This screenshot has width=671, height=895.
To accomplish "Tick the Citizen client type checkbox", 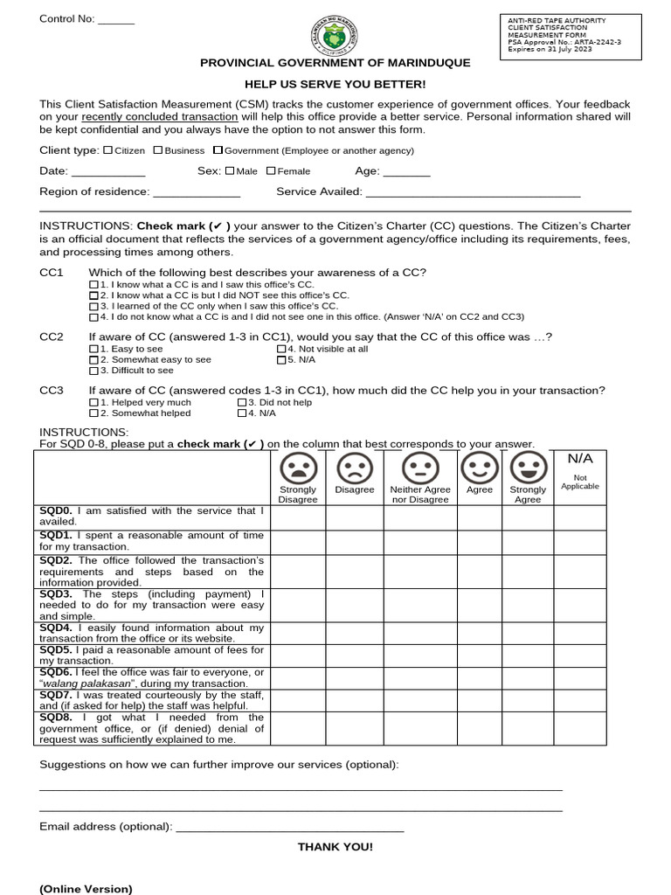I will pyautogui.click(x=107, y=150).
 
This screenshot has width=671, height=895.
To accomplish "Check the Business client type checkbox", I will pyautogui.click(x=158, y=150).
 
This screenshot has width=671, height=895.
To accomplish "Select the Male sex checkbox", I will pyautogui.click(x=230, y=171).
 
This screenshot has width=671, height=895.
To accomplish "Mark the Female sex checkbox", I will pyautogui.click(x=271, y=171).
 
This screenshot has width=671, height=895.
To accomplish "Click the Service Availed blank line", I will pyautogui.click(x=473, y=193).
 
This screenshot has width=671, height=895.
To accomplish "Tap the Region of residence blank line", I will pyautogui.click(x=197, y=193).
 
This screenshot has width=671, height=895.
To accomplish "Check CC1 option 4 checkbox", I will pyautogui.click(x=94, y=317).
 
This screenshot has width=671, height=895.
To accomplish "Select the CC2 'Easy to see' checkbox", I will pyautogui.click(x=94, y=349).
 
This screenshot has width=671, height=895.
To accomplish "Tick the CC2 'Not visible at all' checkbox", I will pyautogui.click(x=281, y=349).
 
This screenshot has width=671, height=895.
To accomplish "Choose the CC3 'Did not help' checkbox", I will pyautogui.click(x=242, y=402).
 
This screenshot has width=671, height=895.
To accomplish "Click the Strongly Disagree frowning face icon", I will pyautogui.click(x=298, y=468).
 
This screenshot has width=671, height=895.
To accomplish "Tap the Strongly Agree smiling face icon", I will pyautogui.click(x=527, y=468).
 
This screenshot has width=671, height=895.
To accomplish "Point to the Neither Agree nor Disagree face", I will pyautogui.click(x=419, y=468).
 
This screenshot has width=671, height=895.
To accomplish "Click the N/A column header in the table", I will pyautogui.click(x=579, y=459).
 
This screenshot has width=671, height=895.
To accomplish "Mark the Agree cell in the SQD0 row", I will pyautogui.click(x=479, y=517).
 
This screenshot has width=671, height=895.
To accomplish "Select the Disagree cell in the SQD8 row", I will pyautogui.click(x=354, y=728).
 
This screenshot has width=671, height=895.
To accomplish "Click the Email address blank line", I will pyautogui.click(x=289, y=828).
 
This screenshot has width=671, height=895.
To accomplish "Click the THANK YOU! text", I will pyautogui.click(x=335, y=847).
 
